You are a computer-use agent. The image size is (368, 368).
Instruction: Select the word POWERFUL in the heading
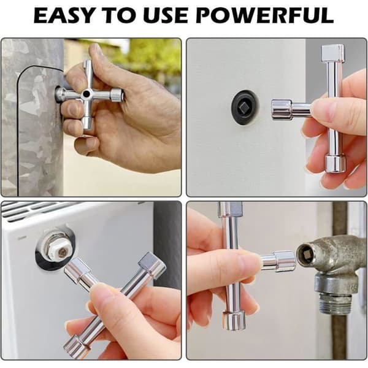[265, 15]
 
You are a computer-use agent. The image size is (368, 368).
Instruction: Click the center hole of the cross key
[86, 94]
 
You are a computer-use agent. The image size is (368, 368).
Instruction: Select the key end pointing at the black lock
[282, 110]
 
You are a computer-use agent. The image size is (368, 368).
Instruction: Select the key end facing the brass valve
[285, 261]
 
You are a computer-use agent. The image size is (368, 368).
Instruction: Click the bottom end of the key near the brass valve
[234, 321]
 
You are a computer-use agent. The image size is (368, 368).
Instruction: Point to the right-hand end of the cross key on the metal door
[117, 94]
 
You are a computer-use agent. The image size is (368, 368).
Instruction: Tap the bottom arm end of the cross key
[87, 125]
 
